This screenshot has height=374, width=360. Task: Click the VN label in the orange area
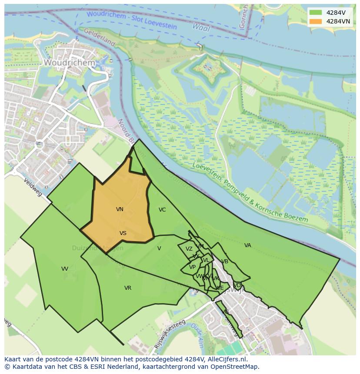[120, 209]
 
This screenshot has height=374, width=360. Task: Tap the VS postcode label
[123, 233]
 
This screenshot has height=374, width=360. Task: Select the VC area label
[162, 210]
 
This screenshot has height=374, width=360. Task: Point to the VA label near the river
[247, 245]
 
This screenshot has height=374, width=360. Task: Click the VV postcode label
[65, 269]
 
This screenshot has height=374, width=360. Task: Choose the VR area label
[128, 288]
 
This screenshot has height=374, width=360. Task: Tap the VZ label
[189, 249]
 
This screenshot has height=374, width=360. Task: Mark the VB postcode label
[225, 261]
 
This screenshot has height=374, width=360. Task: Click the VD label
[237, 285]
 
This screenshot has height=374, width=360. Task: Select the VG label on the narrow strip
[225, 312]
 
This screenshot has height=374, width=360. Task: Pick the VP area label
[192, 267]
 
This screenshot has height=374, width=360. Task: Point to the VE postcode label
[220, 288]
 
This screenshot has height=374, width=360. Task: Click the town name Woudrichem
[69, 63]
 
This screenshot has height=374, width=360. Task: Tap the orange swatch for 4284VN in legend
[316, 21]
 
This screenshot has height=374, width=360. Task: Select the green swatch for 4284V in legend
[316, 13]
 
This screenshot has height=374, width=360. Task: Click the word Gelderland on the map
[99, 37]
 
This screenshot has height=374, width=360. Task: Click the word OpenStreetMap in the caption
[234, 367]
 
